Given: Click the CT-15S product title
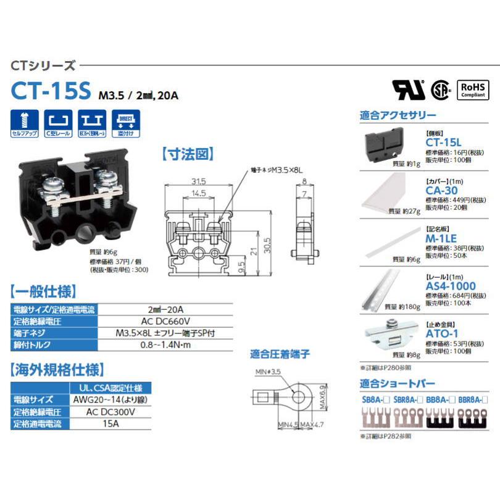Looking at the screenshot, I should point(51,90).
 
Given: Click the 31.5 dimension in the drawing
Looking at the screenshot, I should point(198,182).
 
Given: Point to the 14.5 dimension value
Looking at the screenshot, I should point(198,193).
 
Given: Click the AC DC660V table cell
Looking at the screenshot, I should point(166,321).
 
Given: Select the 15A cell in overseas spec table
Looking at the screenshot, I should point(111,423).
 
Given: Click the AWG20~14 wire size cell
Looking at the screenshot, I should point(111,399).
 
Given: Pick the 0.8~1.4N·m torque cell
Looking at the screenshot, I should point(166,344).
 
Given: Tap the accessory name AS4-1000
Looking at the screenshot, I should point(451,286).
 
